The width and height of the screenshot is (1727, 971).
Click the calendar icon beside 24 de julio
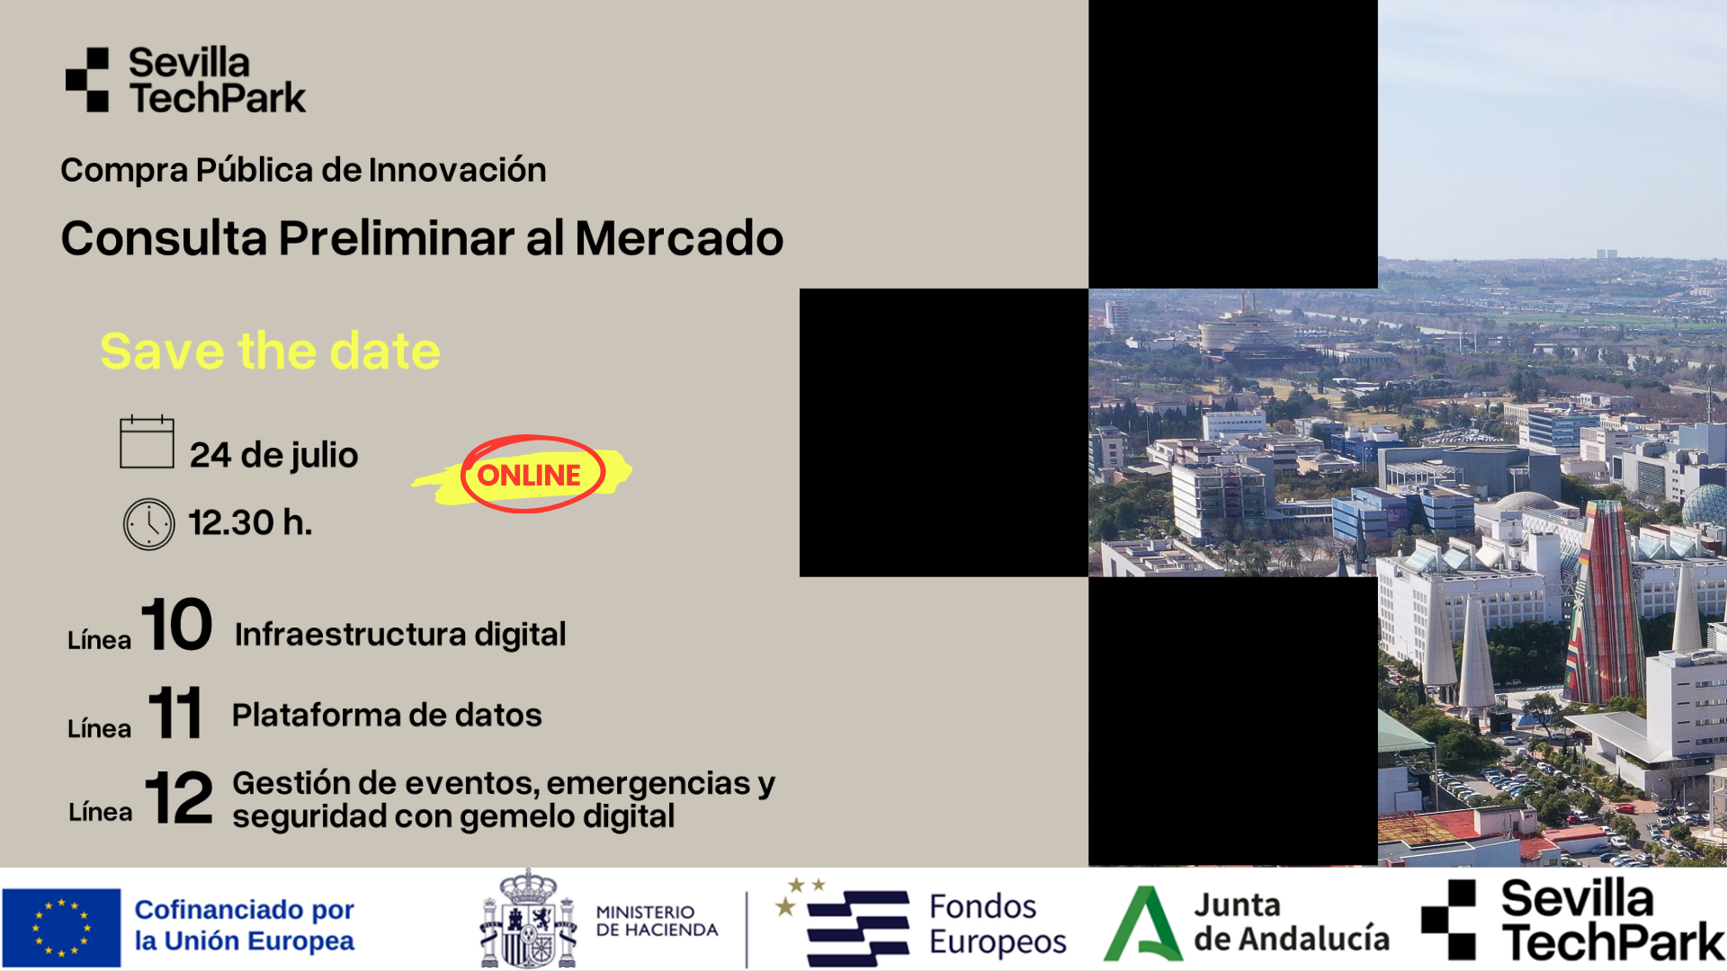147,441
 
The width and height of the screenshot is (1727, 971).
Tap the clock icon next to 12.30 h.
148,524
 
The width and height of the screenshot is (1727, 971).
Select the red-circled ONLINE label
530,475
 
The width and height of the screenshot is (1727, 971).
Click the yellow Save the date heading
270,351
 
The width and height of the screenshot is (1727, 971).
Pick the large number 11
175,713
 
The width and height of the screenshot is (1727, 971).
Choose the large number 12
179,797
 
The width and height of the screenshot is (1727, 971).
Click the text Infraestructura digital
400,635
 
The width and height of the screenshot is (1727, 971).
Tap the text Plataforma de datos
387,716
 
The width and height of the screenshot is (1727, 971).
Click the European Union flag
61,927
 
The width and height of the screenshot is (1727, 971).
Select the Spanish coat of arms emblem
528,920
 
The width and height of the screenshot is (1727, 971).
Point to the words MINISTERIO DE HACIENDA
657,922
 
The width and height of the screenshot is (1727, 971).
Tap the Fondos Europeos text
997,924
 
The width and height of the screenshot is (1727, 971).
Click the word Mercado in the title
679,239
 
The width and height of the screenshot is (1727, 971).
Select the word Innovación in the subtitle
457,171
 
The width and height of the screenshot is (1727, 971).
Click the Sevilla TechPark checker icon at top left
87,80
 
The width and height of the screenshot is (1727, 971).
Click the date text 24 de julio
273,455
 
